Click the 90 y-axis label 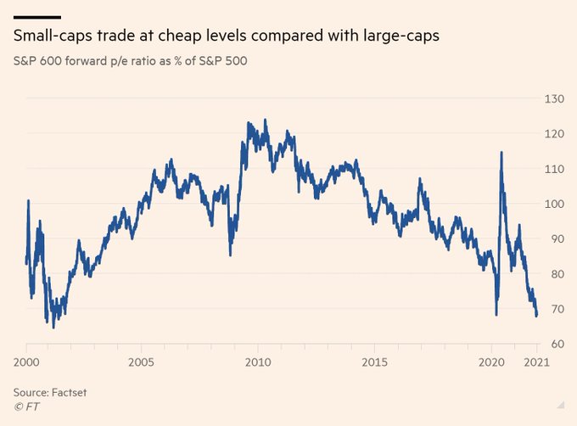click(x=555, y=239)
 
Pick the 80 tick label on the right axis click(x=555, y=274)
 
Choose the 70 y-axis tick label click(x=555, y=309)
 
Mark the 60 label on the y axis click(x=555, y=344)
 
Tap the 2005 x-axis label click(x=141, y=362)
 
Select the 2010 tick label click(x=258, y=362)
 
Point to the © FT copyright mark click(x=26, y=406)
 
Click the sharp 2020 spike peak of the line click(x=501, y=153)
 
